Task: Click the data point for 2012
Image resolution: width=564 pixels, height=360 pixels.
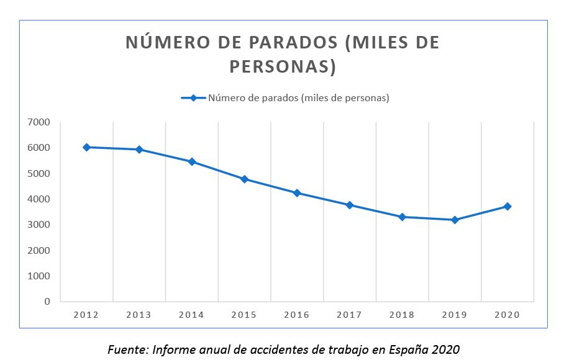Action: coord(86,147)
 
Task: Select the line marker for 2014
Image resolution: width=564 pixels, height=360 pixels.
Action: coord(192,161)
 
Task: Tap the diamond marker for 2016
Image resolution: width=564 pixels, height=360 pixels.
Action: coord(297,193)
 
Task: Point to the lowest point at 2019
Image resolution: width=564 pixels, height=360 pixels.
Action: coord(455,220)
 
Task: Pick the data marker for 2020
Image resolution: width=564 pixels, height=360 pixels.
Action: coord(507,206)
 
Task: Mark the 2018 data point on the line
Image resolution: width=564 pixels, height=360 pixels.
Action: coord(403,217)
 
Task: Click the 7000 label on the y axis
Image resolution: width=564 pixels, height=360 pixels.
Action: coord(39,122)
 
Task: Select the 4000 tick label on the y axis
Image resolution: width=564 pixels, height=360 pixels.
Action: coord(39,199)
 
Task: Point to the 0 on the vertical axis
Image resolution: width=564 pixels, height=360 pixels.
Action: coord(47,302)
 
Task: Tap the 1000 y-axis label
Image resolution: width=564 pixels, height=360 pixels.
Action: coord(39,276)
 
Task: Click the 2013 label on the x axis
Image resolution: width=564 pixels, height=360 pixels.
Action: coord(139,315)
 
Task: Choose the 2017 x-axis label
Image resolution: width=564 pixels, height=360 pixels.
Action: coord(349,315)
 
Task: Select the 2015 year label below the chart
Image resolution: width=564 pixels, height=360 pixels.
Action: coord(244,315)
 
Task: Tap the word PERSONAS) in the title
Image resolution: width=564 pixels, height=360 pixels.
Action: coord(283,66)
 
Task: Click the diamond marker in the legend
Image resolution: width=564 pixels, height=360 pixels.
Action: coord(193,98)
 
